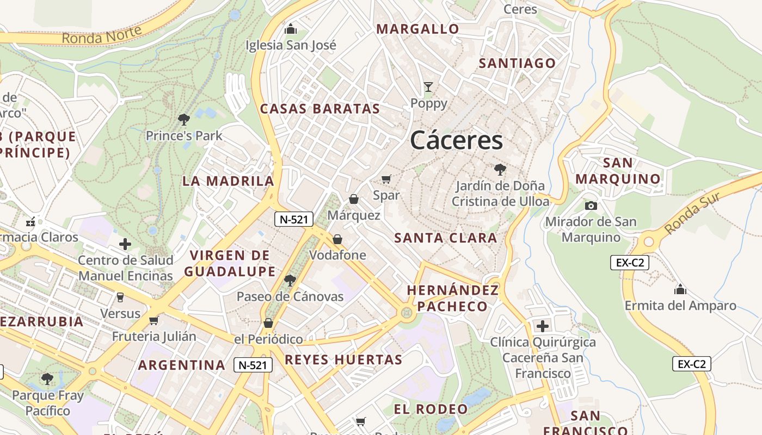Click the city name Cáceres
coord(456,140)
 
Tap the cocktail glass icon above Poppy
coord(428,87)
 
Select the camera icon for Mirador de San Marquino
coord(591,206)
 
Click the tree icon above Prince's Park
coord(184,119)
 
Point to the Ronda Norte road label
coord(102,34)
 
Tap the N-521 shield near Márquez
coord(294,219)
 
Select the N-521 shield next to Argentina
coord(253,365)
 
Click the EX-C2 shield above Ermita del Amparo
coord(629,263)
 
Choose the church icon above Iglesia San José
coord(291,28)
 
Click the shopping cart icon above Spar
coord(386,179)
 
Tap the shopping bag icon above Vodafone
coord(337,239)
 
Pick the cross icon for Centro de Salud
coord(125,244)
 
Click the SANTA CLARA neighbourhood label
coord(445,238)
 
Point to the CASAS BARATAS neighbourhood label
coord(319,109)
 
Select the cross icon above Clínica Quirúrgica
coord(543,326)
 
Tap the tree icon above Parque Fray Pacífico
coord(47,378)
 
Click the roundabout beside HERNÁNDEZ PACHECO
coord(405,313)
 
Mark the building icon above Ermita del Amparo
coord(680,289)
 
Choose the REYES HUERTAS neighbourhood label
coord(343,359)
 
